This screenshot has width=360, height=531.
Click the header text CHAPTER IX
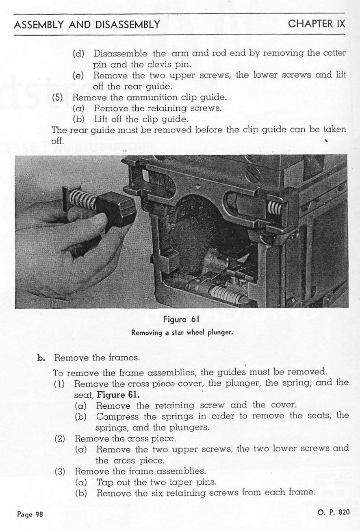316,24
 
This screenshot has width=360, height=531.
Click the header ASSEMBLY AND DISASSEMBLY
87,24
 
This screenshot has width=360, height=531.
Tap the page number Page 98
30,514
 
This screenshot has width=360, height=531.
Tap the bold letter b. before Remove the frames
41,358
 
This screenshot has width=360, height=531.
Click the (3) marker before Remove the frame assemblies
60,471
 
